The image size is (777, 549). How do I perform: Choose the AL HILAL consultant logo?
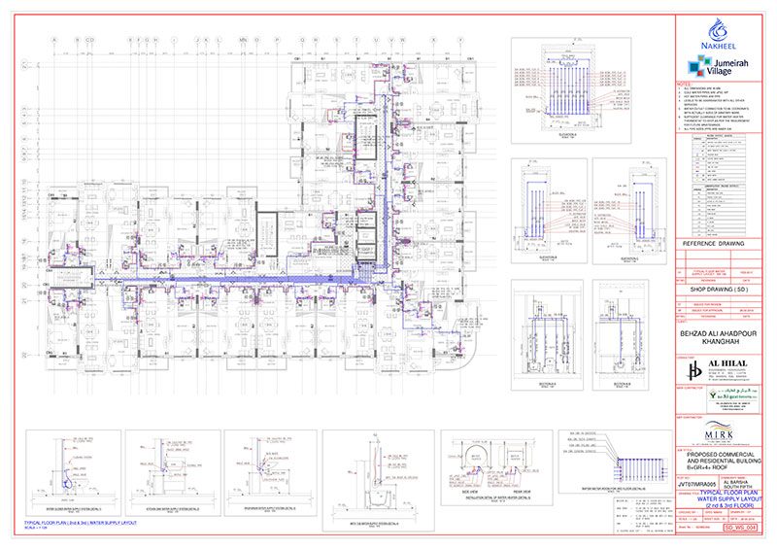coord(701,369)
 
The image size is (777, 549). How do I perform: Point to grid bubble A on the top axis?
coord(54,40)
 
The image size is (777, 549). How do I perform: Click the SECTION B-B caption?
coord(627,384)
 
